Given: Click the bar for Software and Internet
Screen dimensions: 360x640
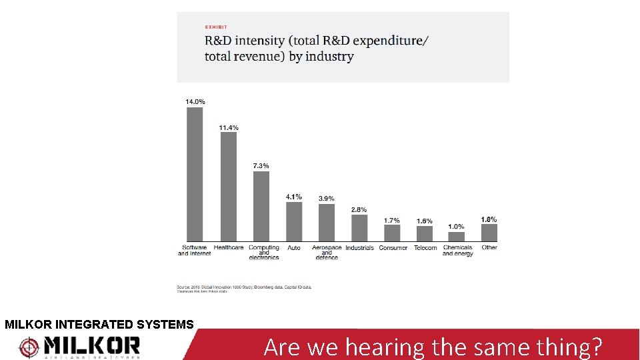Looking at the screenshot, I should (x=195, y=174).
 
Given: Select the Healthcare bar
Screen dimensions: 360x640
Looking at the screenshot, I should (x=229, y=187).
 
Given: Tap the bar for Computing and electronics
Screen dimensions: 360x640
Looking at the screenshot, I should (x=261, y=206).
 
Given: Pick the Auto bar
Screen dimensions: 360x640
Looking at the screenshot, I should (x=294, y=221).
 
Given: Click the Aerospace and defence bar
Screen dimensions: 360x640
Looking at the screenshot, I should (x=327, y=223).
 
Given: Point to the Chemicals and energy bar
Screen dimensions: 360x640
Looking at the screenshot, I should (x=457, y=237).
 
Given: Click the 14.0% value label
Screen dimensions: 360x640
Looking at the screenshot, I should (x=195, y=101).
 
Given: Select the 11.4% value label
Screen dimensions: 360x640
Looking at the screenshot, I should (x=229, y=127).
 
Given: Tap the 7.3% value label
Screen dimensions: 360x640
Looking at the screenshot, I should (x=261, y=165).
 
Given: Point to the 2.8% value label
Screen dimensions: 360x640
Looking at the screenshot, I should (x=359, y=209).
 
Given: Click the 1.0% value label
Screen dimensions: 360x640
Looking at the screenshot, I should (x=457, y=227).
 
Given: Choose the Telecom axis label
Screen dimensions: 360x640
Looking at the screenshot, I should (x=425, y=248).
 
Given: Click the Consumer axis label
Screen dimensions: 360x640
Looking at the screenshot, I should (x=393, y=248).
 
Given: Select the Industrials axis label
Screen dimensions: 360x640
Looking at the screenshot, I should (x=359, y=248).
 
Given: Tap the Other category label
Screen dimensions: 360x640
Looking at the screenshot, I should (x=489, y=247).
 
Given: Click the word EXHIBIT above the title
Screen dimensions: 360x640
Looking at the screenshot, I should (x=216, y=27).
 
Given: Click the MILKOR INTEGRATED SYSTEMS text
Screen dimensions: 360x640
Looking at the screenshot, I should (x=99, y=325).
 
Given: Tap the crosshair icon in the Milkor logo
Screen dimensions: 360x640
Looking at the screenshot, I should (x=30, y=347).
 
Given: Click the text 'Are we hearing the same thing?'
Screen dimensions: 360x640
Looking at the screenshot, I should (x=433, y=347).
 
